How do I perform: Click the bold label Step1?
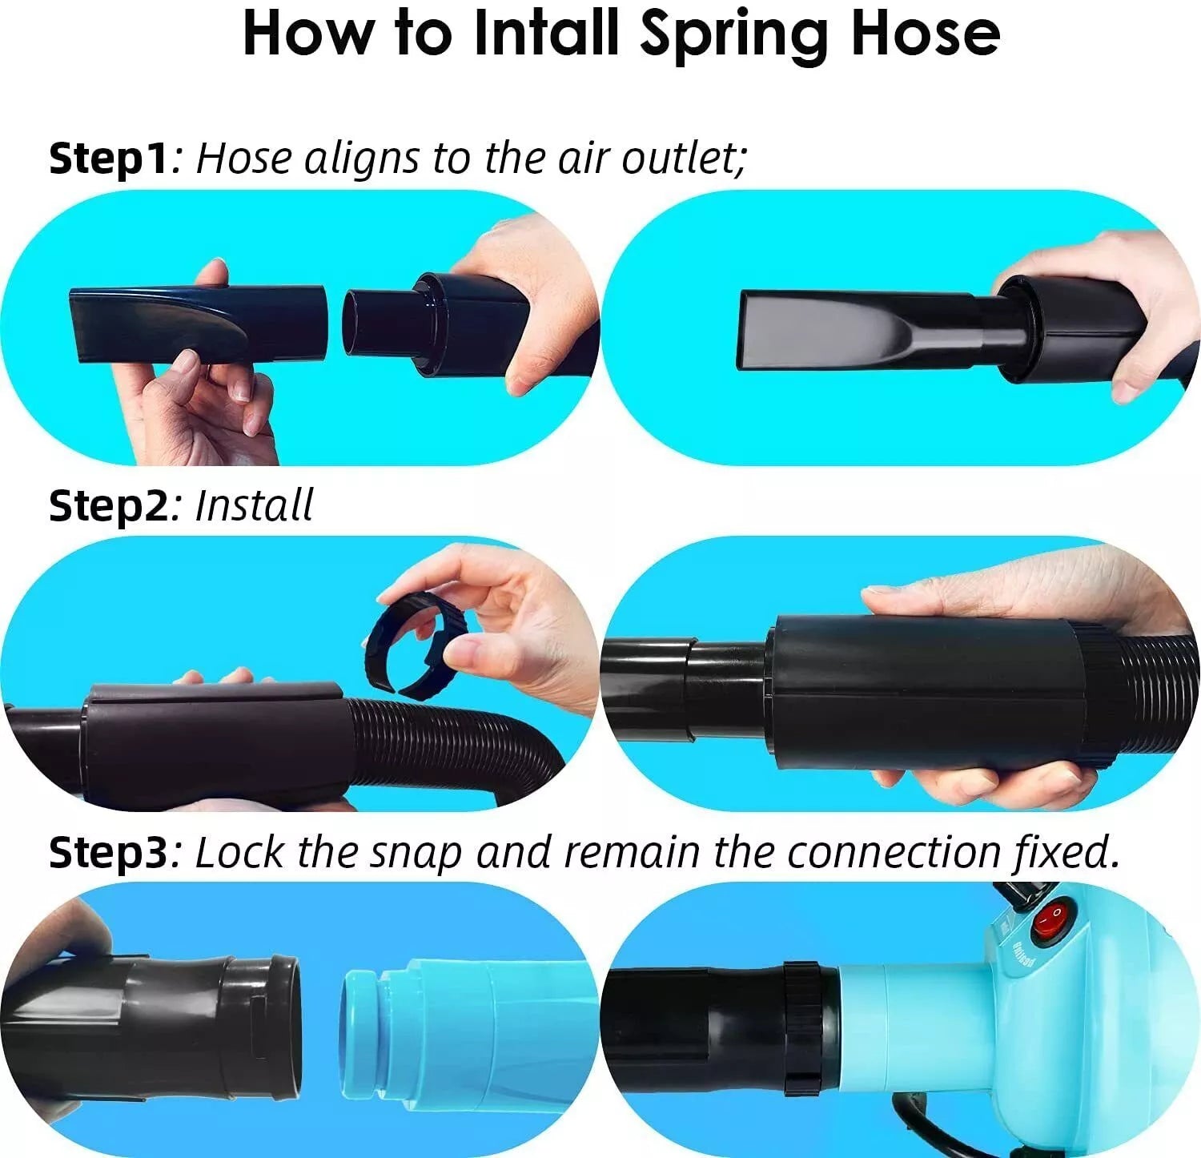click(x=110, y=158)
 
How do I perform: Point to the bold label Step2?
click(x=110, y=505)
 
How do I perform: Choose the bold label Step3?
click(x=110, y=852)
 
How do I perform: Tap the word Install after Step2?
click(x=255, y=505)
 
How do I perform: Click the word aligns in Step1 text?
click(x=361, y=159)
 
